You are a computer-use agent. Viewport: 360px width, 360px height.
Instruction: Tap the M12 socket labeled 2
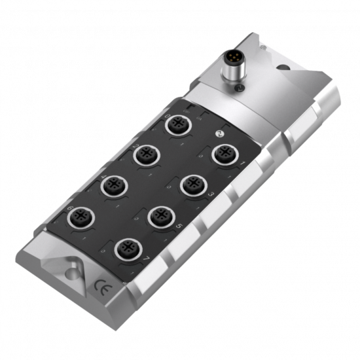tap(146, 156)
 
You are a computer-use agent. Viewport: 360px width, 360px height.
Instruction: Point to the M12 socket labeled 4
tap(113, 186)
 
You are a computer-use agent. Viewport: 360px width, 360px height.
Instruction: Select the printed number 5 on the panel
tap(179, 226)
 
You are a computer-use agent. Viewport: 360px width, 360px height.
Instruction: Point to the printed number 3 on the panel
tap(211, 194)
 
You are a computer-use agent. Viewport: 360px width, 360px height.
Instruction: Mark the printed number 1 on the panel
tap(243, 162)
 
